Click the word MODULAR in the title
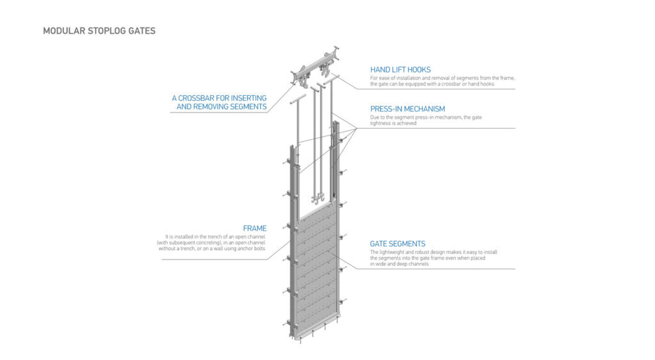click(x=62, y=31)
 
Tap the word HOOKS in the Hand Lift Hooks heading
click(x=418, y=69)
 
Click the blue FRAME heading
click(x=255, y=228)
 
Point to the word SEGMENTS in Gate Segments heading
click(x=407, y=244)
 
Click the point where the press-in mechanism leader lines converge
click(x=355, y=129)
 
